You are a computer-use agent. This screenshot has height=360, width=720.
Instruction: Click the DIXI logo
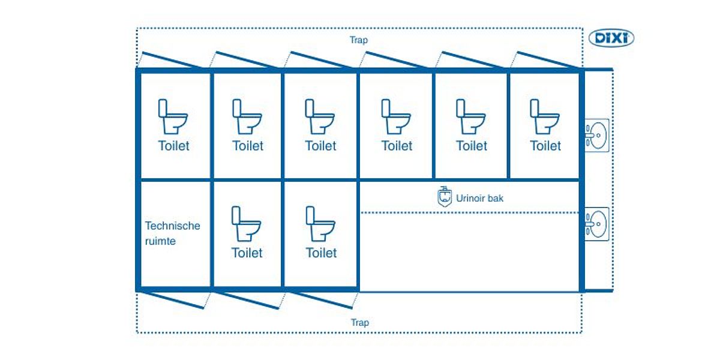(611, 38)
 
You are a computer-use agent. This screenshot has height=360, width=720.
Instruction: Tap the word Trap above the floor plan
(359, 40)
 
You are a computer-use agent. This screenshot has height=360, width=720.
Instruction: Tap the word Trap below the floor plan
(360, 323)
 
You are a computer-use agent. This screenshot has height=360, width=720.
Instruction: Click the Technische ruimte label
(173, 233)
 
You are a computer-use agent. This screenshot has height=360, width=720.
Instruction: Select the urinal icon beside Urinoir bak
(443, 197)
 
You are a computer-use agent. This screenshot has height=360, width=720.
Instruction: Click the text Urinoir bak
(479, 197)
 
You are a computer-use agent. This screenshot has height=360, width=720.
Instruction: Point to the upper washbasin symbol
(596, 134)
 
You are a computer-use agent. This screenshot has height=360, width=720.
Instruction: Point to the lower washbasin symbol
(596, 223)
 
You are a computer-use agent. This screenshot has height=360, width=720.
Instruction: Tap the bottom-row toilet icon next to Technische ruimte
(247, 224)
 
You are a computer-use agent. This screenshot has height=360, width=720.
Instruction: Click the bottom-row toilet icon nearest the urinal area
(320, 224)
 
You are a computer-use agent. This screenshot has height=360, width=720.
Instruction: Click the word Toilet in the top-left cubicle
(173, 146)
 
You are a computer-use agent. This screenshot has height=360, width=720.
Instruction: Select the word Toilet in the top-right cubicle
(545, 146)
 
